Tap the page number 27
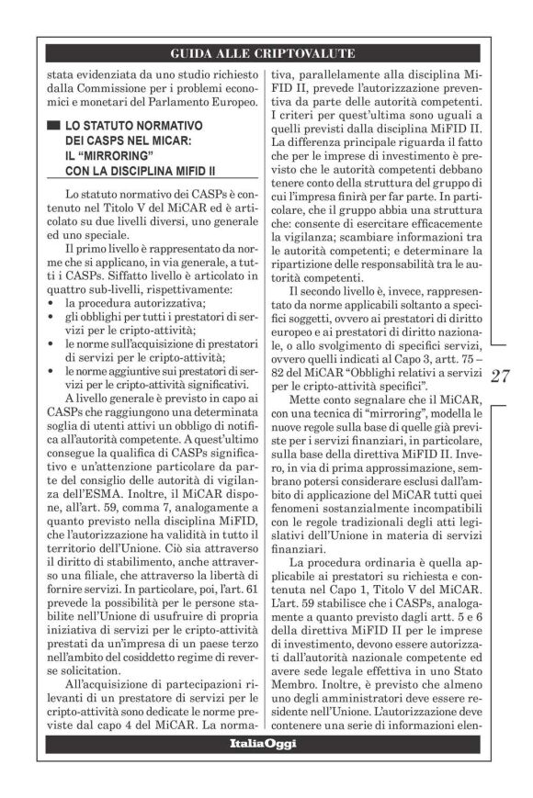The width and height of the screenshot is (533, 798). pyautogui.click(x=501, y=377)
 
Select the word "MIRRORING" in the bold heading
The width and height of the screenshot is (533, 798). pyautogui.click(x=108, y=154)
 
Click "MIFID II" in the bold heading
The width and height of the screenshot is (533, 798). pyautogui.click(x=182, y=170)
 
